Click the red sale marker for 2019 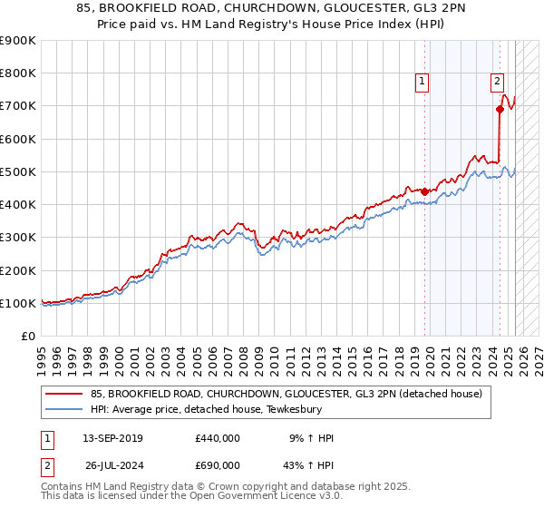(x=424, y=190)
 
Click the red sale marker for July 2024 (x=500, y=109)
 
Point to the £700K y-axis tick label (x=18, y=106)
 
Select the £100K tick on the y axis (x=18, y=303)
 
